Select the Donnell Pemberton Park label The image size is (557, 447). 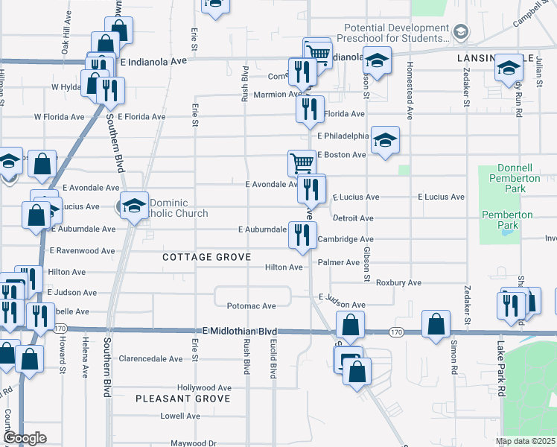(x=515, y=178)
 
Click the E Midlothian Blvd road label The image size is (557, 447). (x=240, y=331)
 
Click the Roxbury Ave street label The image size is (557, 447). (x=398, y=283)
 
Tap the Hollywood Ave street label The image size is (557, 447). (x=204, y=388)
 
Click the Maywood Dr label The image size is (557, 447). (x=192, y=443)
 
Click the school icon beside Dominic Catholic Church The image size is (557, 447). (x=133, y=206)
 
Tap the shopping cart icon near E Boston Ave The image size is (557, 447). (x=302, y=162)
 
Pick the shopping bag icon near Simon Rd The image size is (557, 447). (x=436, y=324)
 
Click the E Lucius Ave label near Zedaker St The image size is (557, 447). (x=442, y=197)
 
